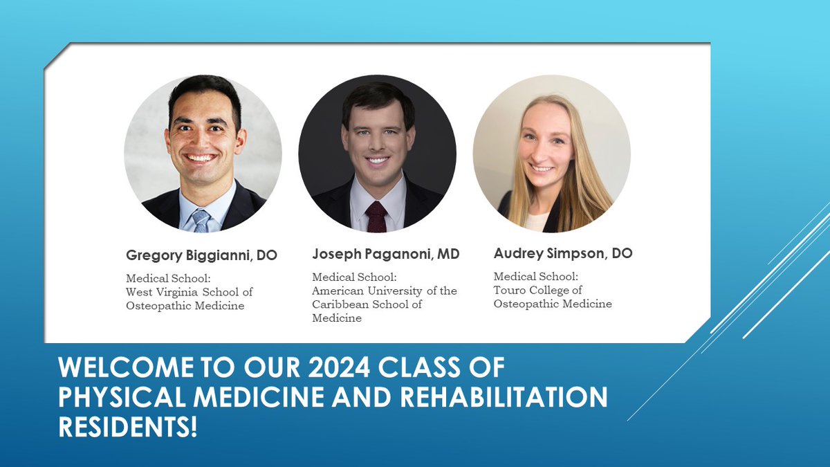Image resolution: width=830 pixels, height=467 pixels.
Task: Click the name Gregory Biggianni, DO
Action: coord(201,255)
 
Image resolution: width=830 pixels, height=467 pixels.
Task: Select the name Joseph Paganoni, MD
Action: coord(385,255)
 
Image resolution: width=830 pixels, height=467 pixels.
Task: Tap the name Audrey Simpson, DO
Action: coord(563,253)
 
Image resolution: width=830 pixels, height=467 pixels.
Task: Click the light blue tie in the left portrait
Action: coord(201,221)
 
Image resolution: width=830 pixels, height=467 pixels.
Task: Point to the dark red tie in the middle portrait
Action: coord(376,217)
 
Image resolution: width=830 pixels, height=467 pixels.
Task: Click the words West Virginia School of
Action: coord(189,292)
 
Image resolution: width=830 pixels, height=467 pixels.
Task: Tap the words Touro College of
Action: coord(537,290)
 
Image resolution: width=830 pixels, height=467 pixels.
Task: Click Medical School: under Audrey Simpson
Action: coord(535,277)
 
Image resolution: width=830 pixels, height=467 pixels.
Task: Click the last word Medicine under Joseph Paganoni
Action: coord(337,318)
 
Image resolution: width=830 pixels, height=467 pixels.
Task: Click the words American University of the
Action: coord(385,291)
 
